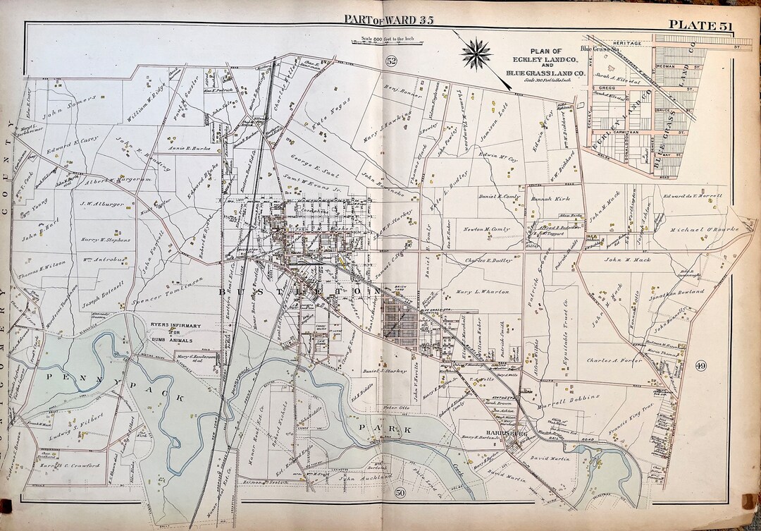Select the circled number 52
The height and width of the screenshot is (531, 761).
click(x=392, y=62)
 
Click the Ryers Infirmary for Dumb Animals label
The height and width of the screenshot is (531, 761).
click(x=166, y=331)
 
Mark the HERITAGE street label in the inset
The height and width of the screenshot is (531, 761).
click(x=626, y=44)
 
